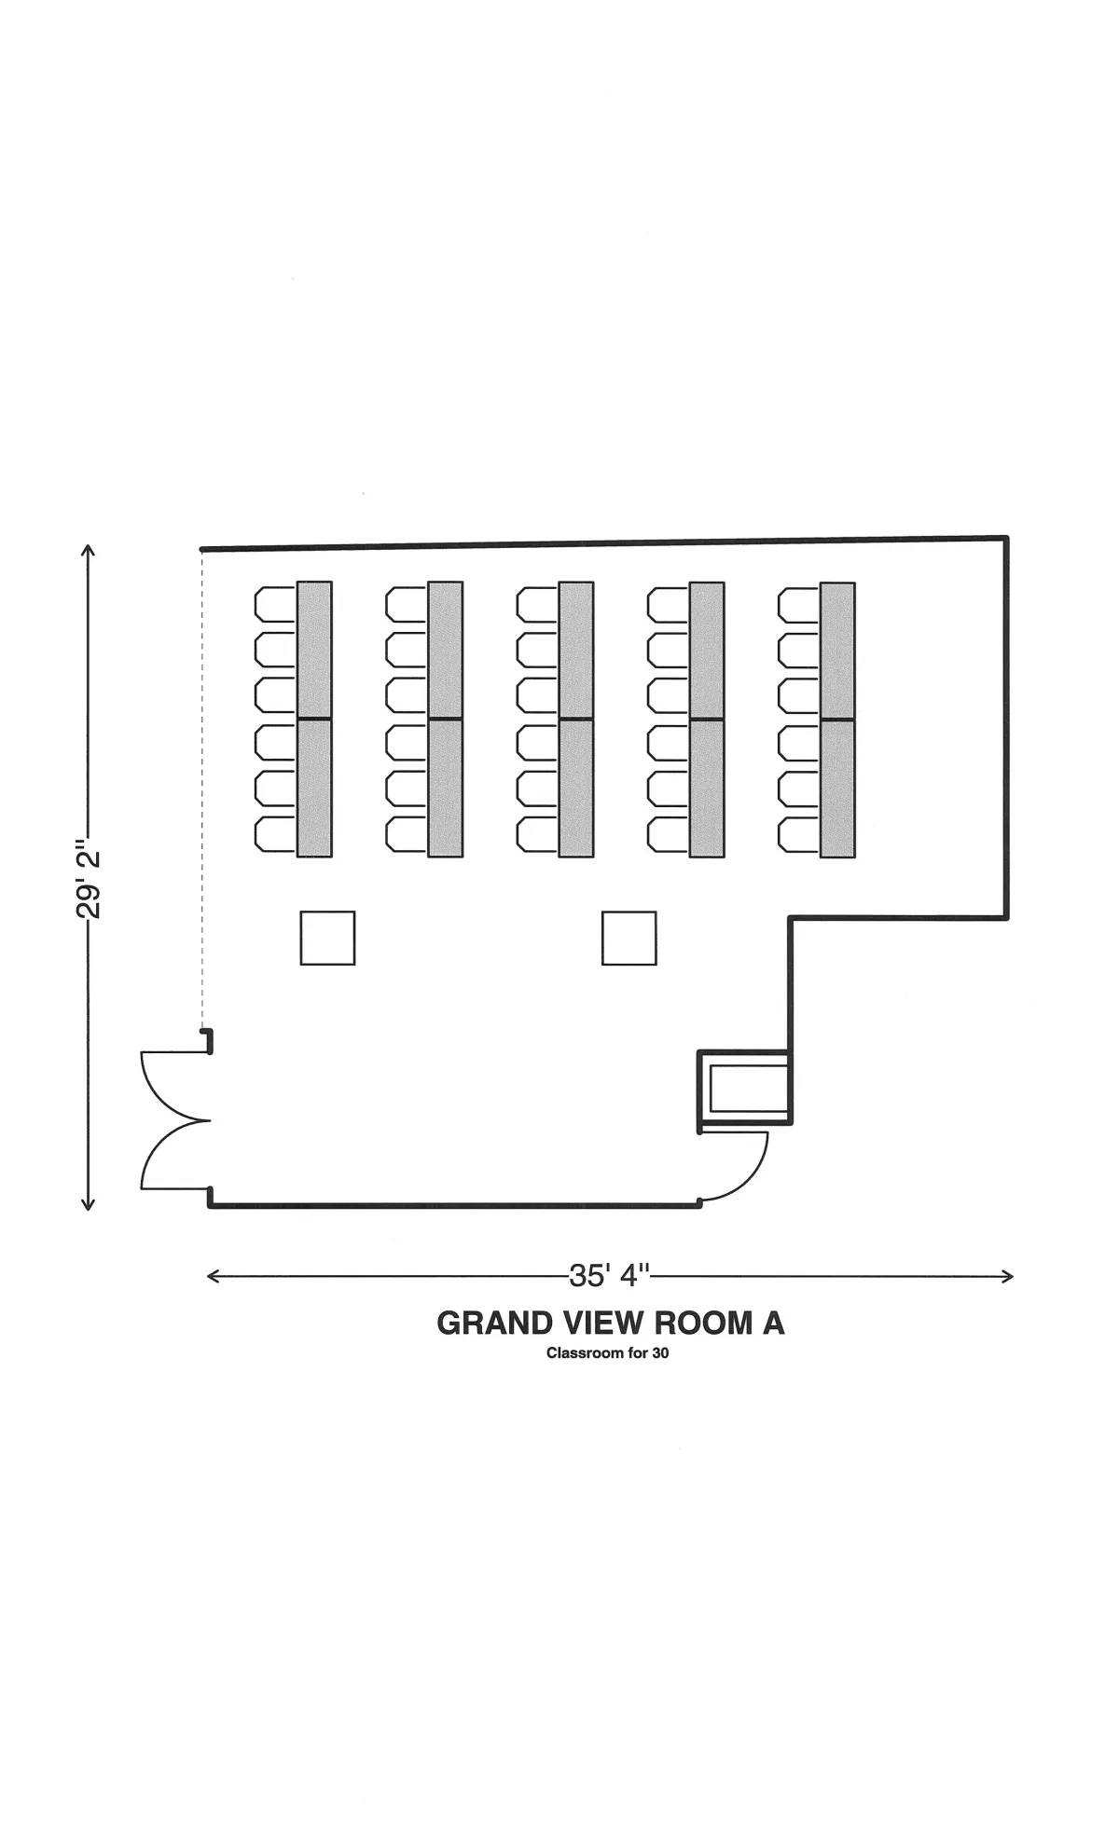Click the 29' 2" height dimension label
point(89,883)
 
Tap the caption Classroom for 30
point(608,1353)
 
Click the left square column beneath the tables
point(327,938)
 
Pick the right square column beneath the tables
point(629,938)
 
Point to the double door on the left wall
point(175,1120)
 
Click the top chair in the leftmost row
point(275,603)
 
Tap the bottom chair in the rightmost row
point(799,834)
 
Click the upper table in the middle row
point(576,650)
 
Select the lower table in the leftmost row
point(314,789)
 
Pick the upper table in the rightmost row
point(837,650)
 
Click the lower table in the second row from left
point(446,789)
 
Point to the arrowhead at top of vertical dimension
point(89,550)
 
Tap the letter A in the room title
point(773,1323)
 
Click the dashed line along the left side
point(201,789)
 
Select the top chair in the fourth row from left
point(669,603)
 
